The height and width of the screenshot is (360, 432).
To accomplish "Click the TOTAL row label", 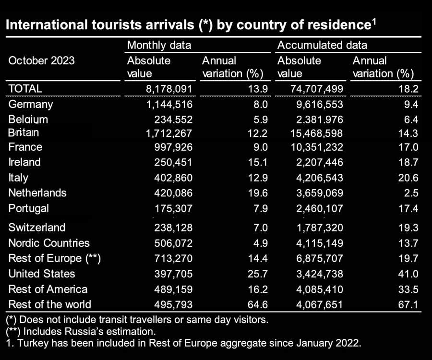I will click(x=25, y=88).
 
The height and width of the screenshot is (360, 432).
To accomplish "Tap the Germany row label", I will click(x=31, y=104).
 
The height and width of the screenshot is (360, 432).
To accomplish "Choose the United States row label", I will click(x=42, y=274).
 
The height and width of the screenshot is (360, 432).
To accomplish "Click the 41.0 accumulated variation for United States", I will click(x=408, y=274).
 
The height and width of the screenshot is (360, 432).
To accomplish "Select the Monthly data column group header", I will click(x=159, y=46).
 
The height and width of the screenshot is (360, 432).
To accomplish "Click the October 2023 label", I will click(x=42, y=60).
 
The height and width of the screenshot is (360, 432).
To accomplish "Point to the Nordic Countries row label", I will click(x=49, y=243).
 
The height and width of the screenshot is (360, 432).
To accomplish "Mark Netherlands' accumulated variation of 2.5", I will click(x=411, y=193).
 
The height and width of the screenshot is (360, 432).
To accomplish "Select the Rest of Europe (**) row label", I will click(x=54, y=258).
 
